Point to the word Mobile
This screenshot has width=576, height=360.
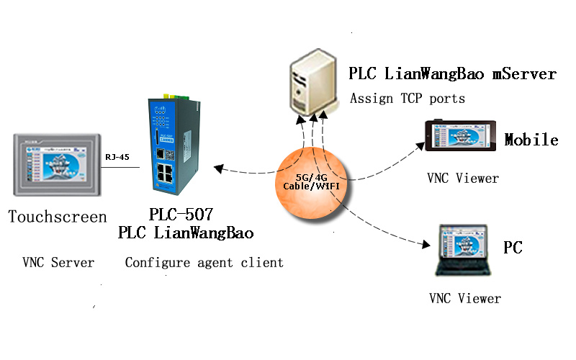click(x=531, y=140)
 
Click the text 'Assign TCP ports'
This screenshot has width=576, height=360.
click(x=408, y=99)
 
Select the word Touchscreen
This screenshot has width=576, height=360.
click(x=58, y=217)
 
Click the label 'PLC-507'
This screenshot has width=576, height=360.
click(x=181, y=215)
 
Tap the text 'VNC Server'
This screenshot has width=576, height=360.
click(x=58, y=263)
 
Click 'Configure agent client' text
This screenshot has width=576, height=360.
click(x=204, y=263)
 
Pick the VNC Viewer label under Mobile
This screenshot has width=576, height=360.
click(x=463, y=178)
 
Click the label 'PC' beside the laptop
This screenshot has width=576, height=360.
click(x=513, y=248)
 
